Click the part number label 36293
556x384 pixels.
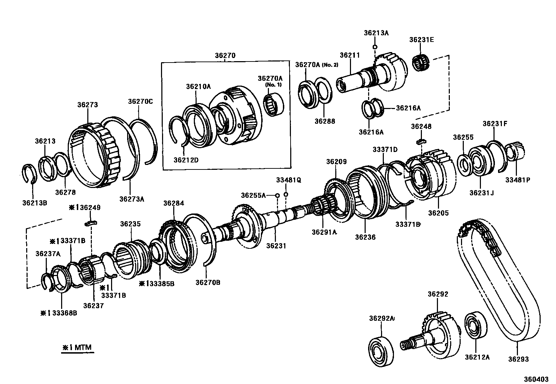[x=518, y=359]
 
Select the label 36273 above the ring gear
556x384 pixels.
[x=87, y=104]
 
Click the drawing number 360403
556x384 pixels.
[x=536, y=379]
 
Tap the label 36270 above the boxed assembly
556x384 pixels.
[x=225, y=55]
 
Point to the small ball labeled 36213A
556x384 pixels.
[x=374, y=46]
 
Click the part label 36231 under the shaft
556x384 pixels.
[x=276, y=246]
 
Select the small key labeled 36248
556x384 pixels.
[x=422, y=142]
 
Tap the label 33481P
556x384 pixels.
[x=518, y=180]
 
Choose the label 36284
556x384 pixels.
[x=174, y=203]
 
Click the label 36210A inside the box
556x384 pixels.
[x=198, y=86]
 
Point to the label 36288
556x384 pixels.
[x=324, y=121]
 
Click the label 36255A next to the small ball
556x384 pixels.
[x=253, y=195]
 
